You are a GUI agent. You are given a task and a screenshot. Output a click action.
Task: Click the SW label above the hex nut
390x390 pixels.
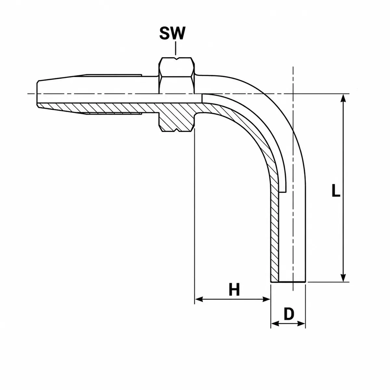click(x=172, y=33)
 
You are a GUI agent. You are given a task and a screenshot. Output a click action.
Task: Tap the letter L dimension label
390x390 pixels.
click(x=336, y=190)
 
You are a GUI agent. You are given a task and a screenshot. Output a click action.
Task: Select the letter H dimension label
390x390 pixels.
click(x=234, y=290)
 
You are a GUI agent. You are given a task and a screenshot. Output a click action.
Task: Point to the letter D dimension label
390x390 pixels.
click(x=289, y=314)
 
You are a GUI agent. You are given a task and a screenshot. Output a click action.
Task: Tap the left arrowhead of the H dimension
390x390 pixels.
click(x=199, y=299)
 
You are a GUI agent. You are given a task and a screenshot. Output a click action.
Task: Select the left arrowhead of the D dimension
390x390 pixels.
click(x=275, y=324)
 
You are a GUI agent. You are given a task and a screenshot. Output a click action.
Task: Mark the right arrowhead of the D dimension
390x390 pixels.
click(x=301, y=324)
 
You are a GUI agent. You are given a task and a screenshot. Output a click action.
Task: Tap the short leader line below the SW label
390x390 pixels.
click(x=175, y=48)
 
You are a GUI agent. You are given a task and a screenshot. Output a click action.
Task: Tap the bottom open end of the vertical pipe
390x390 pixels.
click(x=288, y=282)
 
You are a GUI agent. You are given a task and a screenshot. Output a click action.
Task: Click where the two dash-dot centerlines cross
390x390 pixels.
click(x=293, y=94)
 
